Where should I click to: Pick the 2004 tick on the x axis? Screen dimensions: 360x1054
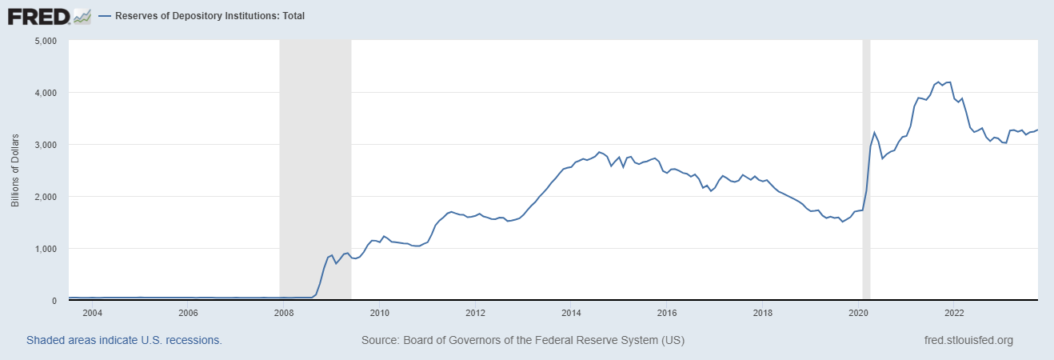[92, 313]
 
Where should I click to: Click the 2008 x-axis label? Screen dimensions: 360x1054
[283, 313]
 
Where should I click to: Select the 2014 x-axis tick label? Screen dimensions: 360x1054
[571, 313]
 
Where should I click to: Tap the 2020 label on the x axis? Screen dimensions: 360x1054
[858, 313]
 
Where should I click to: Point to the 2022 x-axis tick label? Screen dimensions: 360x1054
[954, 313]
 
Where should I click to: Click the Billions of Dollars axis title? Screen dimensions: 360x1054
[15, 170]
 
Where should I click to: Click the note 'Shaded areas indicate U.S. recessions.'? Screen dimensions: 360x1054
[124, 341]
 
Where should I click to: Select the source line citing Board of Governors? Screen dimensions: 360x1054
[523, 341]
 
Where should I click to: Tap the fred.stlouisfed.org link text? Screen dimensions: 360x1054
[968, 341]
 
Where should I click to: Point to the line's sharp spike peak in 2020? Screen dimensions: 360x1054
[875, 133]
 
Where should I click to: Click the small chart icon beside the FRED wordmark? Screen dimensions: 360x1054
[82, 15]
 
